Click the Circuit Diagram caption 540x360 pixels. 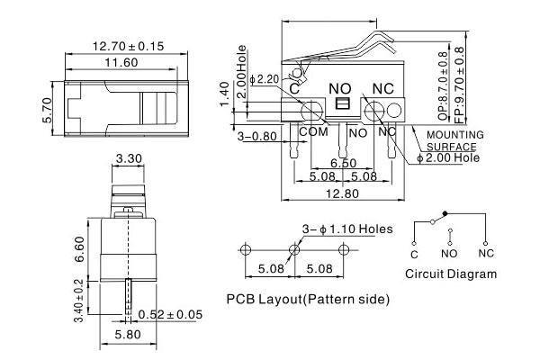(x=450, y=274)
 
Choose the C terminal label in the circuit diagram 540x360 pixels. (x=414, y=253)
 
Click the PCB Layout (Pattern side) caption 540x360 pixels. (x=308, y=298)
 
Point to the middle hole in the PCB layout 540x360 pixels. (x=293, y=249)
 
